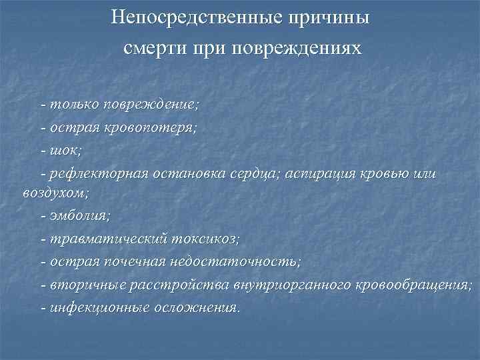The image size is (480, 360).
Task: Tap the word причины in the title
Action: pyautogui.click(x=325, y=16)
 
